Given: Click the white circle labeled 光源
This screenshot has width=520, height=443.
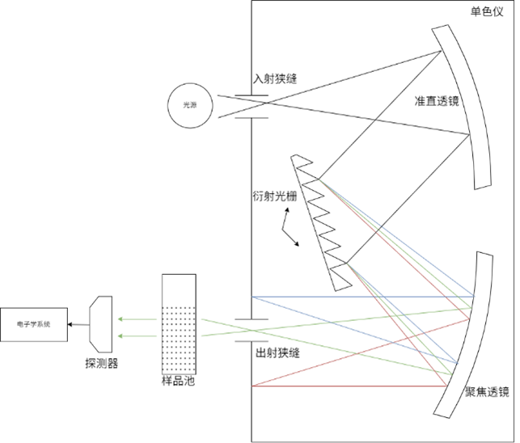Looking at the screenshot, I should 190,106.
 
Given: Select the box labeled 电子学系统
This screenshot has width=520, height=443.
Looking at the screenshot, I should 33,324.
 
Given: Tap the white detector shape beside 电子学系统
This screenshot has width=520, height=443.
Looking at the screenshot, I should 102,324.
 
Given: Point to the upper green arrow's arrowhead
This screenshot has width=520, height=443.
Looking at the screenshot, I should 120,319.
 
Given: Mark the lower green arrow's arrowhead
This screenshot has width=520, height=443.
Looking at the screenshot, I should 120,335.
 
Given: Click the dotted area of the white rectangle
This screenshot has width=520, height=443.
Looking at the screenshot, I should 179,340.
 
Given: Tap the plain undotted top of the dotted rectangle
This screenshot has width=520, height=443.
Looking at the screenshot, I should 179,289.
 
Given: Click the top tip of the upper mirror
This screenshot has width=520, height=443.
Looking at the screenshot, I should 440,29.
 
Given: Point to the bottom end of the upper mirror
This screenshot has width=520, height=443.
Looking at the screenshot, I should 483,185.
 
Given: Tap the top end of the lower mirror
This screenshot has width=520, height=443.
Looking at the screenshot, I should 484,255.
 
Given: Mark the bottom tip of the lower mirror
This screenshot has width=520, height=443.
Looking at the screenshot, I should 441,413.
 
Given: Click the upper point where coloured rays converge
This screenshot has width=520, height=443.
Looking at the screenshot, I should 319,179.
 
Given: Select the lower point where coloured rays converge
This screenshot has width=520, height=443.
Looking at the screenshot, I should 348,264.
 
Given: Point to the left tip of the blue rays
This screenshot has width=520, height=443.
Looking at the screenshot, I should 252,297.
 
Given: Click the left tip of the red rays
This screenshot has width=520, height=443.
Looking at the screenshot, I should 252,386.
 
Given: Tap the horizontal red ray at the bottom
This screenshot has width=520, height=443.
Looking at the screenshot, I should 348,386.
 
